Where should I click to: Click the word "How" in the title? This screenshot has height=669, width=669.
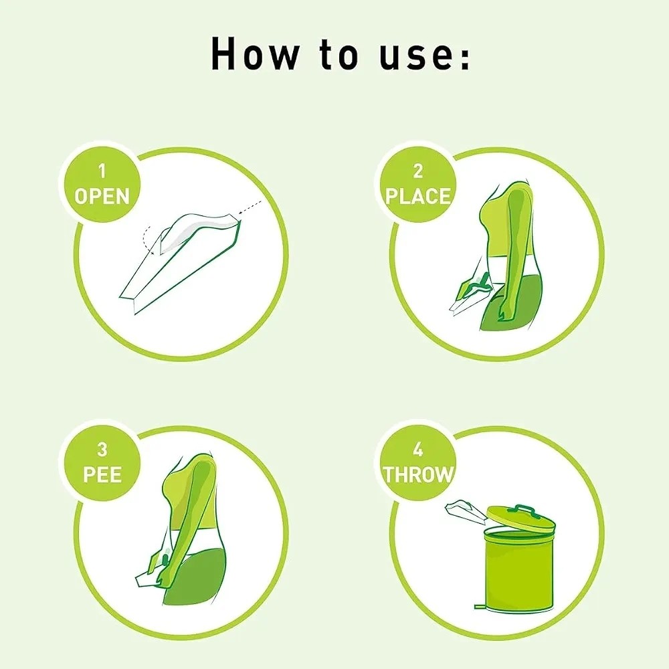(x=254, y=54)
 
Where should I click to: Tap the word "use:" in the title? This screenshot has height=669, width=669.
(x=425, y=54)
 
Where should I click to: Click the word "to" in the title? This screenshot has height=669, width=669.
(x=339, y=54)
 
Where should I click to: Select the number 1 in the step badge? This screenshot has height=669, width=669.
(x=102, y=171)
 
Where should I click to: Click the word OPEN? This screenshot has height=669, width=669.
(x=102, y=197)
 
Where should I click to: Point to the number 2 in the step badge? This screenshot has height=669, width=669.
(x=417, y=171)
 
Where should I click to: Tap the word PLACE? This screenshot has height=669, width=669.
(x=417, y=197)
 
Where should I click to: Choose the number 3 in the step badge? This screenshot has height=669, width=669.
(x=102, y=450)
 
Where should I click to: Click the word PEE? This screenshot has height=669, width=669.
(x=102, y=474)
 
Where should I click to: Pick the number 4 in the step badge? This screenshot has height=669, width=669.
(x=417, y=450)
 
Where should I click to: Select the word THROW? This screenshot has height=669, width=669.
(x=417, y=474)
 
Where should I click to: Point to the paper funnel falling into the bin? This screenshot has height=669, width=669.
(x=465, y=510)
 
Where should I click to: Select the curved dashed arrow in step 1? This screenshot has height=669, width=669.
(x=146, y=239)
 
